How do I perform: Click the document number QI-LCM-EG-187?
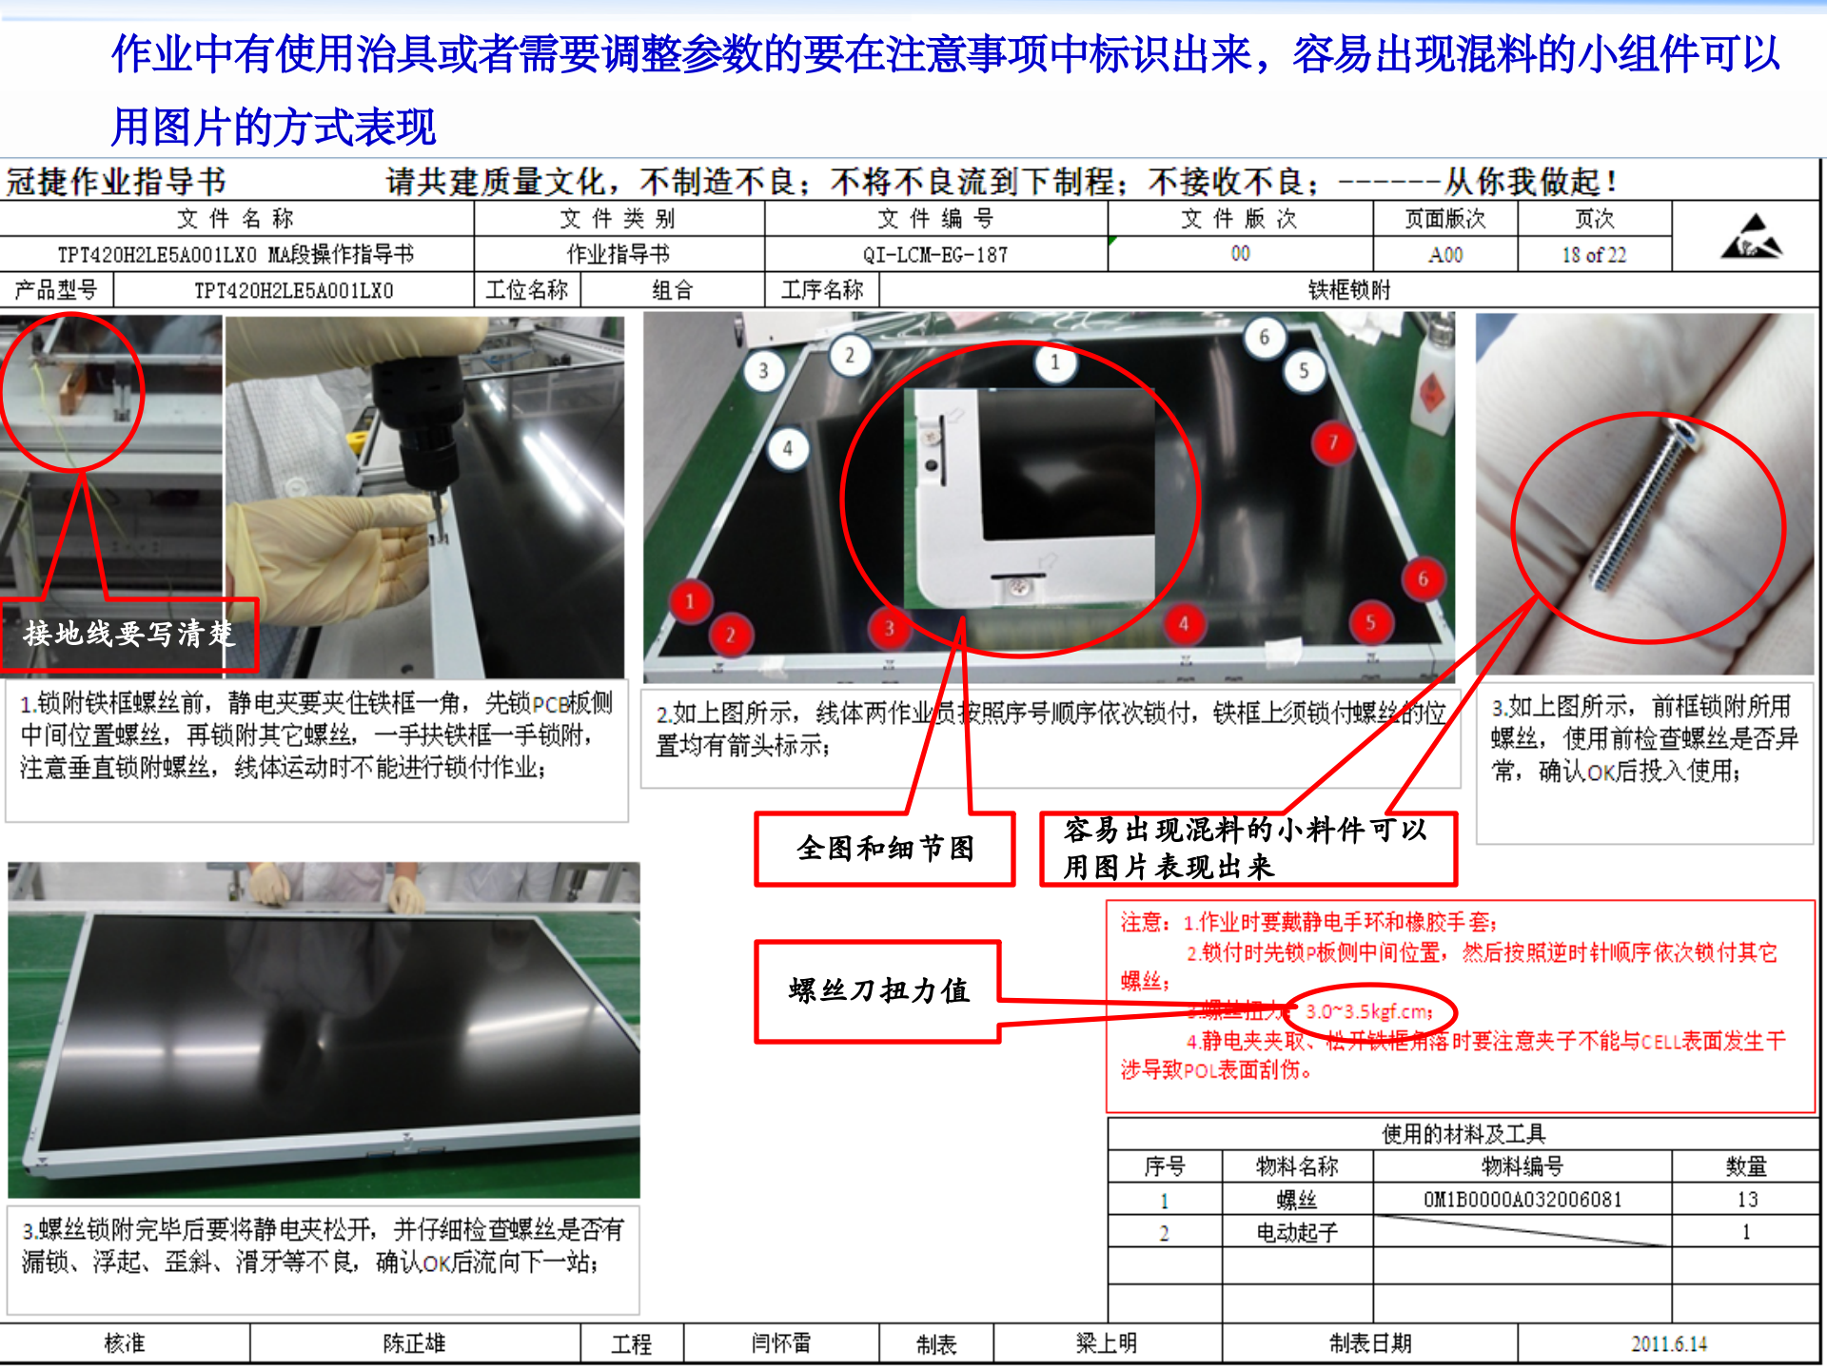click(934, 254)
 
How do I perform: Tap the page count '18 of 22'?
click(1594, 254)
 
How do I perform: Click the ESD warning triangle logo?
click(1751, 237)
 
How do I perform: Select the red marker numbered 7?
click(1333, 442)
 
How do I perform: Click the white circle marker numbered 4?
click(787, 448)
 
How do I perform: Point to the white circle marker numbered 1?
click(1054, 362)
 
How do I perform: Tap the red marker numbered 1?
click(690, 601)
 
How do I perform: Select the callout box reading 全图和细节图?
click(885, 848)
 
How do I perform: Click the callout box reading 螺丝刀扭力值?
click(877, 991)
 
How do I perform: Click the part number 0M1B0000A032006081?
click(1522, 1199)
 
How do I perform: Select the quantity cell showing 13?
click(1746, 1199)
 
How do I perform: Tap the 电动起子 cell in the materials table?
click(1297, 1232)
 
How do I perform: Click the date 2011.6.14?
click(1669, 1343)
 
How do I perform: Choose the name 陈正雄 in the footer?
click(414, 1343)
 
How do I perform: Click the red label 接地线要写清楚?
click(129, 634)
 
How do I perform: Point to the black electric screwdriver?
click(419, 419)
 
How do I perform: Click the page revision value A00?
click(1444, 254)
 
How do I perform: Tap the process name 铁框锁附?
click(1348, 290)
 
